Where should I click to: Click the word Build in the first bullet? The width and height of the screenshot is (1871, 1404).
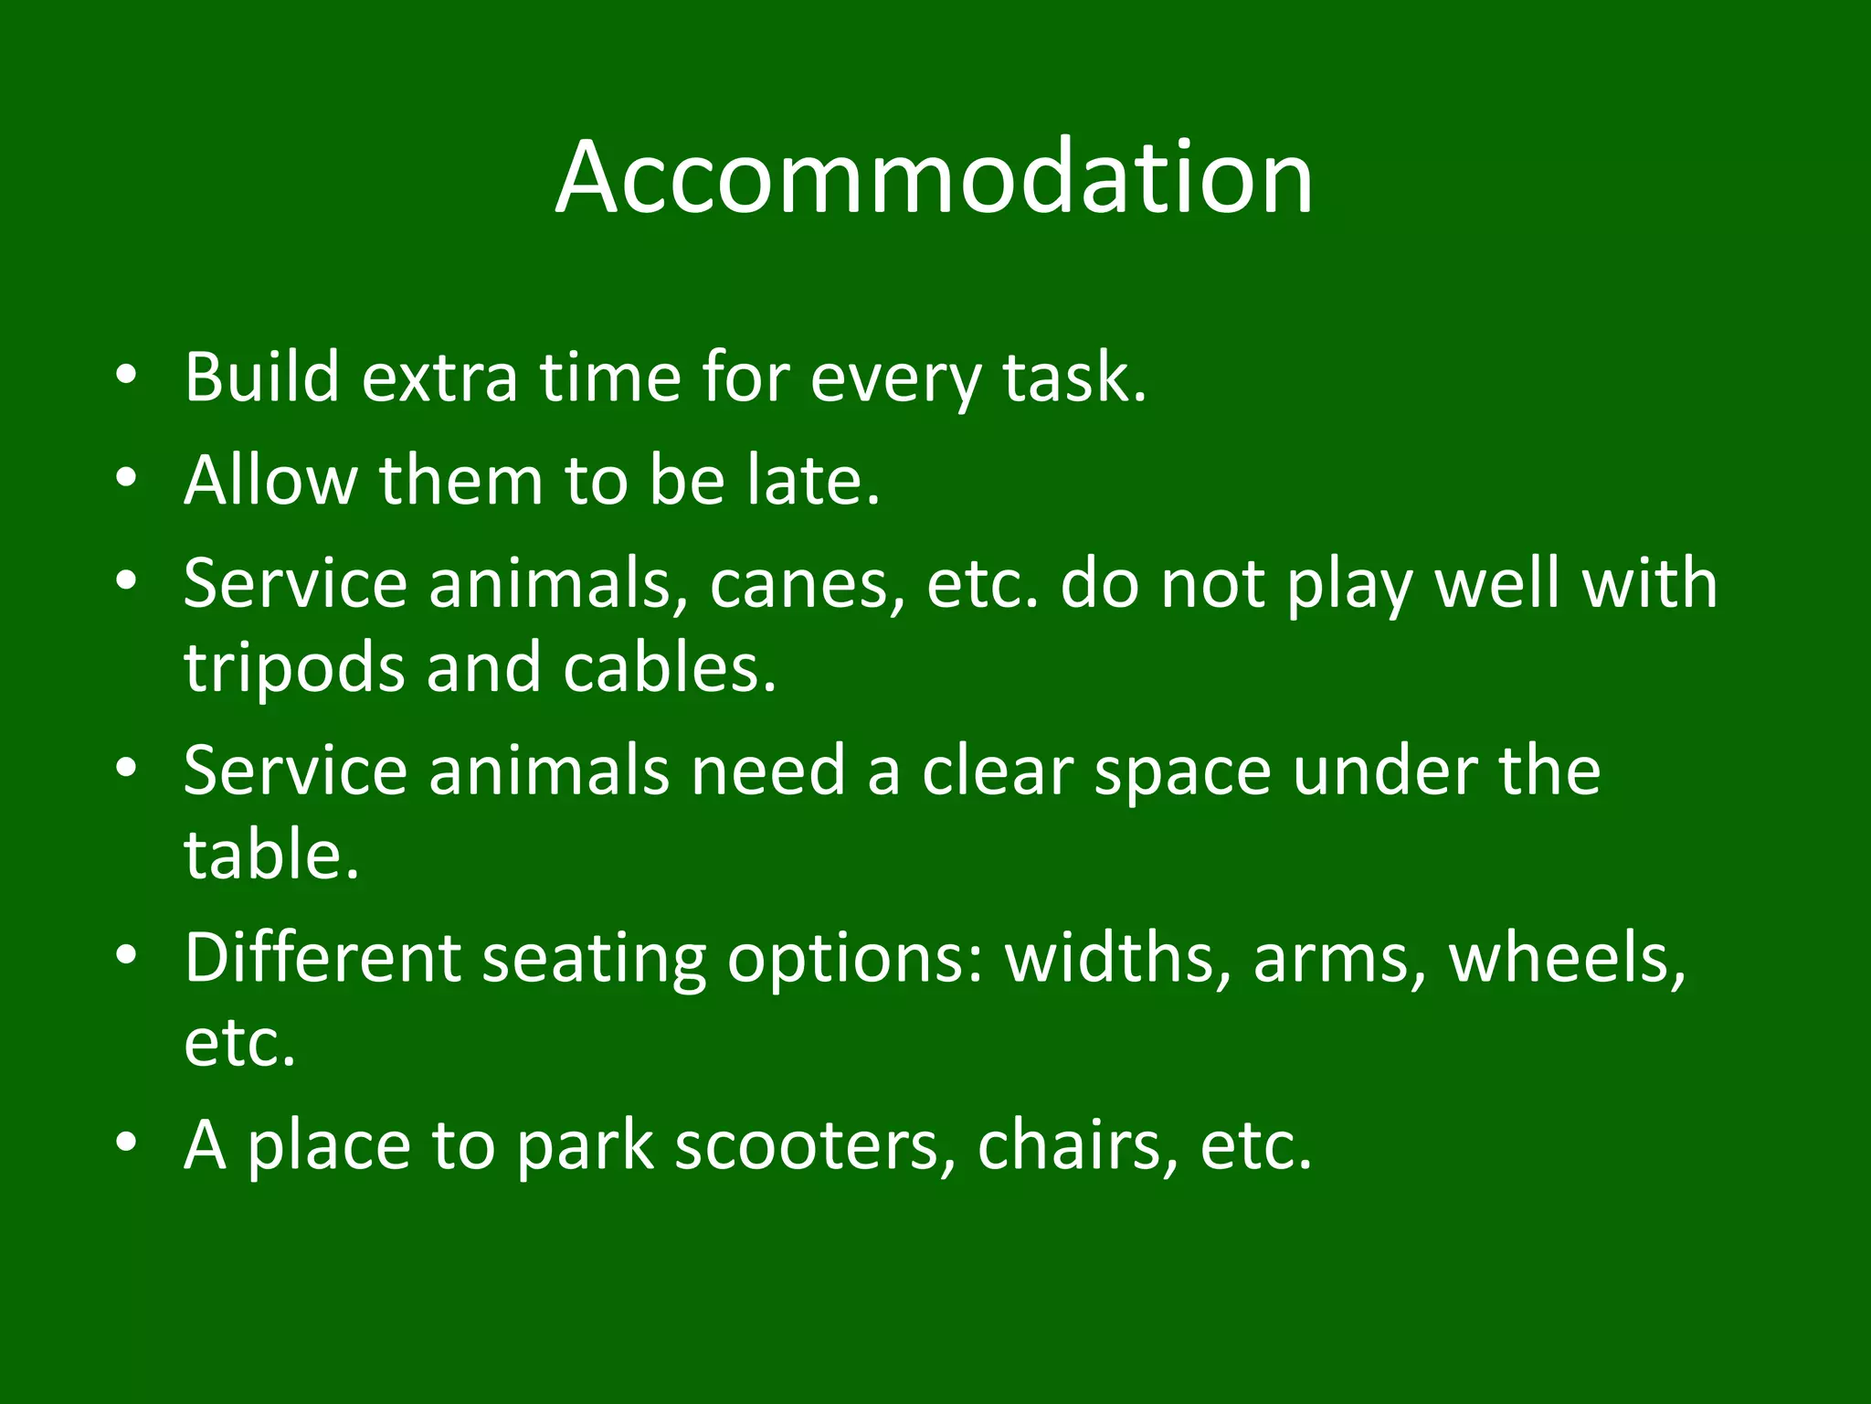coord(261,377)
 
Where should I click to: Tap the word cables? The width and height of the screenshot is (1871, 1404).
coord(669,668)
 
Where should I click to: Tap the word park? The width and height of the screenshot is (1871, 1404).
coord(586,1147)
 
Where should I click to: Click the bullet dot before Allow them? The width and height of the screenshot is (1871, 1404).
coord(127,477)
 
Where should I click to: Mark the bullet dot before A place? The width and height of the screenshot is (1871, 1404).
coord(127,1142)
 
